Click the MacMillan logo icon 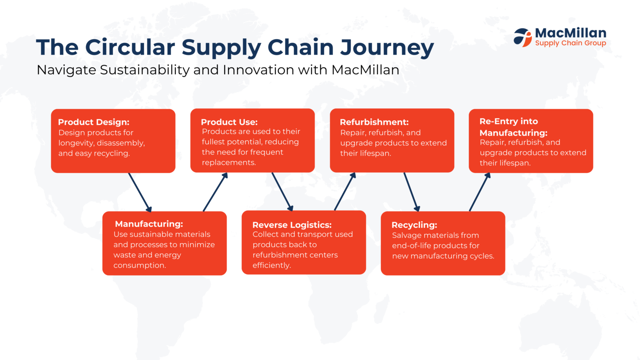pyautogui.click(x=522, y=37)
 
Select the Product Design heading pyautogui.click(x=94, y=122)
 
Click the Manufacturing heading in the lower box pyautogui.click(x=149, y=224)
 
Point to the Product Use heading pyautogui.click(x=229, y=122)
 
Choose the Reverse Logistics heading pyautogui.click(x=292, y=225)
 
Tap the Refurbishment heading pyautogui.click(x=374, y=122)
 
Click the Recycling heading pyautogui.click(x=414, y=225)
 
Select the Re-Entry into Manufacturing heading pyautogui.click(x=513, y=127)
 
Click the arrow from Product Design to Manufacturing pyautogui.click(x=140, y=192)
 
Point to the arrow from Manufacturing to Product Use pyautogui.click(x=215, y=192)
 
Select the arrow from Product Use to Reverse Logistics pyautogui.click(x=282, y=192)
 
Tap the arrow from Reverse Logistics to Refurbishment pyautogui.click(x=345, y=192)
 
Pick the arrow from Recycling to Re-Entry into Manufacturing pyautogui.click(x=480, y=192)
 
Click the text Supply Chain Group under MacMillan pyautogui.click(x=570, y=43)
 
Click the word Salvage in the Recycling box pyautogui.click(x=407, y=235)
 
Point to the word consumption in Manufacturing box pyautogui.click(x=139, y=265)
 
